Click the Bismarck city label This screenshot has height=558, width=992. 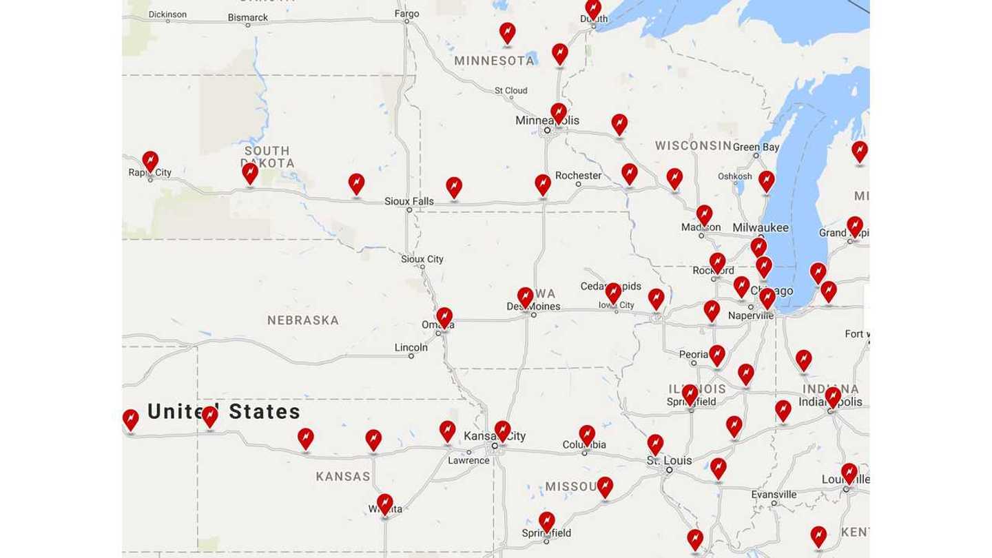[247, 17]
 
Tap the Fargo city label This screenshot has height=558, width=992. [406, 13]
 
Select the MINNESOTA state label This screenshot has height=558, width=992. [494, 61]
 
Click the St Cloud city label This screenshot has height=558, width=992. [510, 90]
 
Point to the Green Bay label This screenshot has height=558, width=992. [756, 147]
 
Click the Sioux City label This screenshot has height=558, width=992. [422, 259]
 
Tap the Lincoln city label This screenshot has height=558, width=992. [411, 347]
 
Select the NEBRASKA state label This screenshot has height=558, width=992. [303, 320]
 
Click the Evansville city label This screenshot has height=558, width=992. [774, 494]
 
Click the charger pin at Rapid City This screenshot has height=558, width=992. [150, 162]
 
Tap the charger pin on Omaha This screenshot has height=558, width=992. [445, 318]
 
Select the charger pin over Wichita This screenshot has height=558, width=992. [385, 504]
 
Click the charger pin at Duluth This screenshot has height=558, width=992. [592, 8]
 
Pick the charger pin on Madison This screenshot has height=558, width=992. [704, 215]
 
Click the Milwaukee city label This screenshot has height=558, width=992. [760, 227]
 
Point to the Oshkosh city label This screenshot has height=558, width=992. [734, 176]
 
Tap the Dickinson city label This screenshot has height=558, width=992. [167, 14]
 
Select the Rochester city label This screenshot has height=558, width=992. [578, 176]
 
